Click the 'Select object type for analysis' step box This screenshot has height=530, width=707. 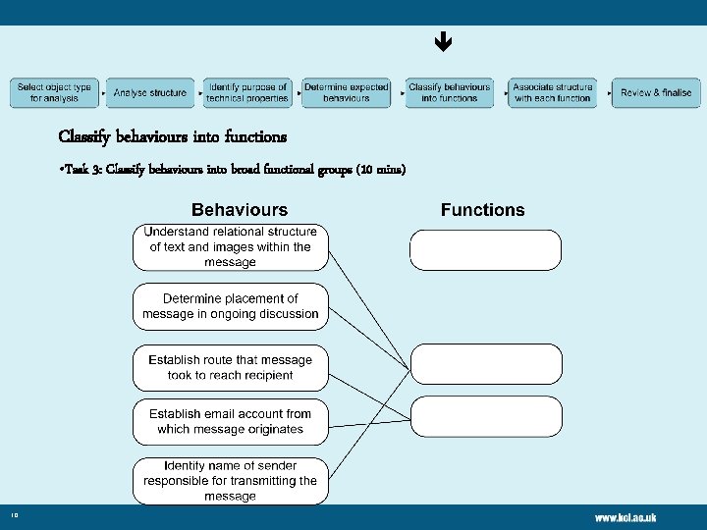[54, 92]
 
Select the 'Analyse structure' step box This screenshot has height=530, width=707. [149, 92]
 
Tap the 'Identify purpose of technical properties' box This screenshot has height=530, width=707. [247, 92]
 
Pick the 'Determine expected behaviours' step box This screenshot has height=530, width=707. [346, 92]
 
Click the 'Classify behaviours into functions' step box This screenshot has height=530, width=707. [449, 92]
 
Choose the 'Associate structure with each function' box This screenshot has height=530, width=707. [552, 92]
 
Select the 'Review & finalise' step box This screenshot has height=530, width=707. [656, 92]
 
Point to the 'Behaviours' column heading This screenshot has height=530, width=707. [240, 209]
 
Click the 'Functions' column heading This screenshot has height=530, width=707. [482, 209]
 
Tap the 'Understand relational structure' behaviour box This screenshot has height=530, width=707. [231, 246]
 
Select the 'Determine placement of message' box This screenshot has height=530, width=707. [231, 306]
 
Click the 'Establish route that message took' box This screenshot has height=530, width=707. [231, 367]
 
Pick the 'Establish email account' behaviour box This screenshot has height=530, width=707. [231, 421]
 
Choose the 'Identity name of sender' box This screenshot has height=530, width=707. [231, 480]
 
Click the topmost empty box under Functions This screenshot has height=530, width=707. [485, 249]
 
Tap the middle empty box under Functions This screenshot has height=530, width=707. [486, 364]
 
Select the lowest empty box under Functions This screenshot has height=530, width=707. [486, 415]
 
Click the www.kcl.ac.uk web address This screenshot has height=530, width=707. [625, 517]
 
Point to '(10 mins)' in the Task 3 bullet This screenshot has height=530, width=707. [381, 170]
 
